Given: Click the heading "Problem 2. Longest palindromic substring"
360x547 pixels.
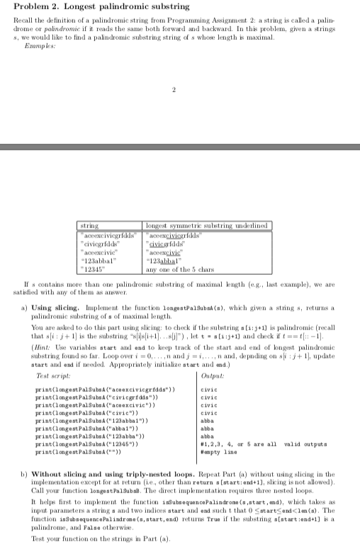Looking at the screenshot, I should (86, 7).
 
